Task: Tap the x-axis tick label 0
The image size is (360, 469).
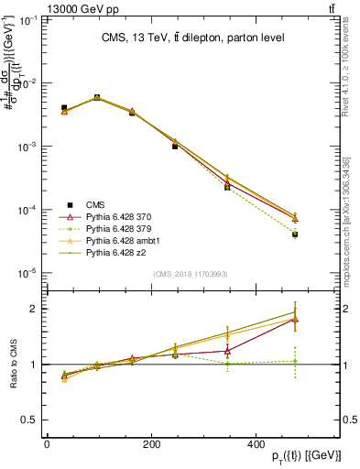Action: [x=47, y=443]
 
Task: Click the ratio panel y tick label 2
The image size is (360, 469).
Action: [x=35, y=309]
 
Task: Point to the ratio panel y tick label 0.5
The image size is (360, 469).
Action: [x=31, y=420]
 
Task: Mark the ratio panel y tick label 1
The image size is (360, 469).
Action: [x=35, y=365]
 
